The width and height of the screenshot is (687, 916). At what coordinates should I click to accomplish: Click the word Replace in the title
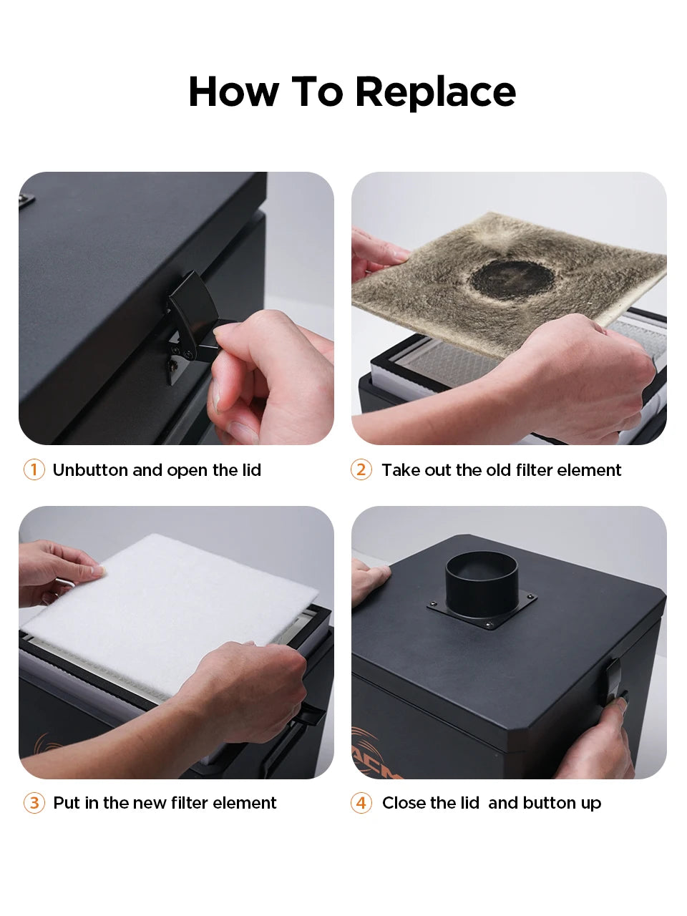coord(436,92)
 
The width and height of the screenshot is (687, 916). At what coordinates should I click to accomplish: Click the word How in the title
coord(233,92)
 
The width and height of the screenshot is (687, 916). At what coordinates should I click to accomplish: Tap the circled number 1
coord(34,470)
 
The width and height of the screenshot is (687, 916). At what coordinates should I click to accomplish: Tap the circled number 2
coord(361,470)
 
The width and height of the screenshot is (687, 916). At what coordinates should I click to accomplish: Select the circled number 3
coord(34,802)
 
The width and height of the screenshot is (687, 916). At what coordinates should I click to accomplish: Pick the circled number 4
coord(361,802)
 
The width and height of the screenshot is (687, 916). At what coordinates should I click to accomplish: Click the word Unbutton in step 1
coord(89,470)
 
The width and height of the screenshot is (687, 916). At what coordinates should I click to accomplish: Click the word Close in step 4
coord(404,803)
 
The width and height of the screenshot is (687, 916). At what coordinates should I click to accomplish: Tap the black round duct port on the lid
coord(482,581)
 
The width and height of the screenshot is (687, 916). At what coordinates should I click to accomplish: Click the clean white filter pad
coord(167,605)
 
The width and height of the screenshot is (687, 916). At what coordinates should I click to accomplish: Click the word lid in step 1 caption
coord(251,470)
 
